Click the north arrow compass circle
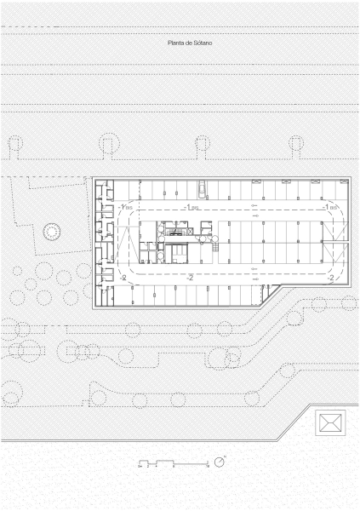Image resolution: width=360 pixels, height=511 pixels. tap(220, 462)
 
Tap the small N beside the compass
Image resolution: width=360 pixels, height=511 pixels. tap(226, 457)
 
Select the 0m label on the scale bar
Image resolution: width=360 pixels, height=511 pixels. tap(139, 468)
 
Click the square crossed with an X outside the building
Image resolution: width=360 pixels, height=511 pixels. tap(330, 422)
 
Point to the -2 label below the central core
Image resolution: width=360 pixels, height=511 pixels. tap(190, 278)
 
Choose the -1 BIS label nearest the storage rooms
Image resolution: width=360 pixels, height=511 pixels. tap(125, 207)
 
